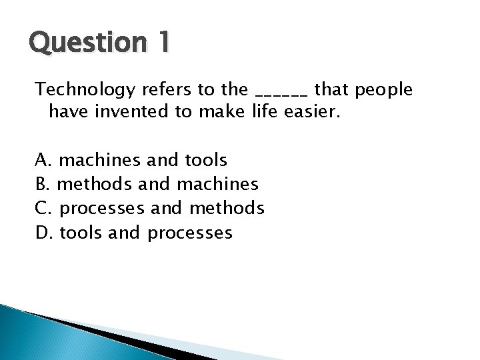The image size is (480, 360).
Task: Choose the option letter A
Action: (42, 160)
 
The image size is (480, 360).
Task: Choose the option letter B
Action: (41, 184)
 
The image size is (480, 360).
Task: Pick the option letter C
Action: (41, 209)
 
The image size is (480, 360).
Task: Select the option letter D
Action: (42, 233)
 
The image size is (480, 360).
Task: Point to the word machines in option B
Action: (219, 184)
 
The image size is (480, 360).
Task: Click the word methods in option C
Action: (227, 209)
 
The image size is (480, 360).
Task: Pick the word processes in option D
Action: (190, 233)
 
